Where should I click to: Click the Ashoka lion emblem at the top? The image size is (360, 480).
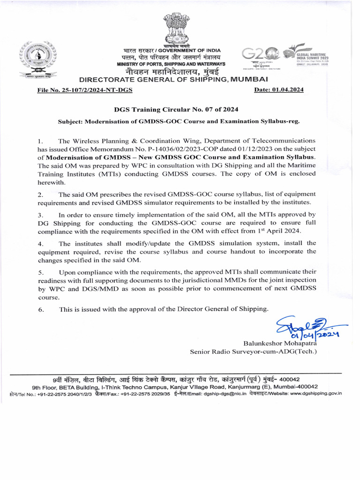[177, 29]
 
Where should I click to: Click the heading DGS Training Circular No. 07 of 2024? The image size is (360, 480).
[176, 109]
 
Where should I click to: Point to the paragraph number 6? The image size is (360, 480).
[40, 309]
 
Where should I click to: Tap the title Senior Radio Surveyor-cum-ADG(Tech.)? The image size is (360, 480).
[253, 352]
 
